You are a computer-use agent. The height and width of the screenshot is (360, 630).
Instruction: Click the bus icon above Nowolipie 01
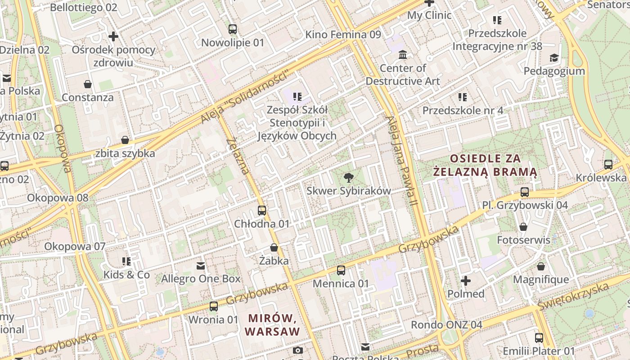(232, 29)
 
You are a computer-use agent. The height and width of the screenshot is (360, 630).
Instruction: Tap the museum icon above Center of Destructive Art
(403, 55)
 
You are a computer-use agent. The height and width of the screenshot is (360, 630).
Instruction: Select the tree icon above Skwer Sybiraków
(348, 178)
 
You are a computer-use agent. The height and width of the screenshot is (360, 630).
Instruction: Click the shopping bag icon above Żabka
(274, 247)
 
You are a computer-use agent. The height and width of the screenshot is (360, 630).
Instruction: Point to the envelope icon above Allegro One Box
(201, 266)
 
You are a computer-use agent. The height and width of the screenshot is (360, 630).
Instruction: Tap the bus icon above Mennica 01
(341, 270)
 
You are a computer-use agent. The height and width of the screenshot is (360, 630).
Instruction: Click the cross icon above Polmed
(466, 281)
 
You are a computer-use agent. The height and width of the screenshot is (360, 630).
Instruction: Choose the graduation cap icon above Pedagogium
(554, 58)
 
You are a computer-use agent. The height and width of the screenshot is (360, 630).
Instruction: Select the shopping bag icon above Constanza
(88, 84)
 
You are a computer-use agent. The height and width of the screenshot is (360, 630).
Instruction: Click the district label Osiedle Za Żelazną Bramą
(485, 165)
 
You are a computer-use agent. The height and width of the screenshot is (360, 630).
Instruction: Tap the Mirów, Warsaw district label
(272, 325)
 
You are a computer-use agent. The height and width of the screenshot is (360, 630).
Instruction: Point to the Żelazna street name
(238, 156)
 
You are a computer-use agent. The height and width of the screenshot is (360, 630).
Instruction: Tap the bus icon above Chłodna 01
(262, 210)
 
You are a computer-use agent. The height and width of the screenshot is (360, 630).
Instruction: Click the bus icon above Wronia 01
(214, 306)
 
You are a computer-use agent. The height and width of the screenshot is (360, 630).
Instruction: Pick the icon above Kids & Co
(126, 261)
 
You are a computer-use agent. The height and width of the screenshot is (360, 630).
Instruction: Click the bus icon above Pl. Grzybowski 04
(525, 192)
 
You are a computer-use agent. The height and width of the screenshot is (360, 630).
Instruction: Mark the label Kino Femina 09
(343, 35)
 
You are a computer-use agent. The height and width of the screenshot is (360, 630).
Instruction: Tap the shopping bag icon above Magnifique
(541, 266)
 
